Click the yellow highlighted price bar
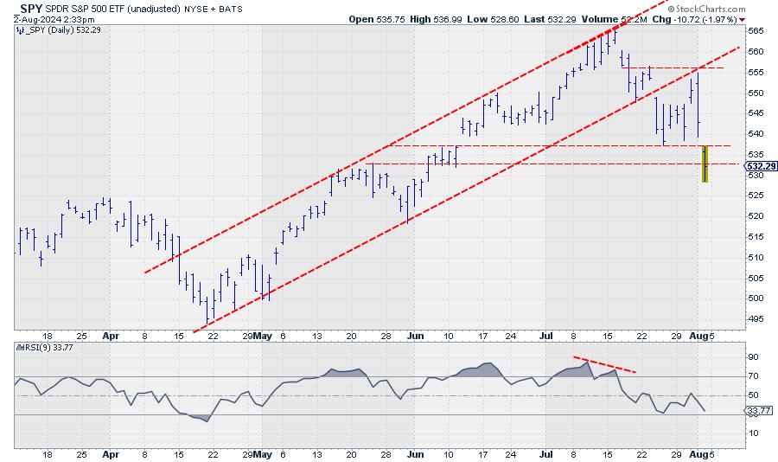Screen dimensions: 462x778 705,164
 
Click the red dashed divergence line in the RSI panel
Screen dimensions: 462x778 605,364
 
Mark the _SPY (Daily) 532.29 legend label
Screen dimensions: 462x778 52,29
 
